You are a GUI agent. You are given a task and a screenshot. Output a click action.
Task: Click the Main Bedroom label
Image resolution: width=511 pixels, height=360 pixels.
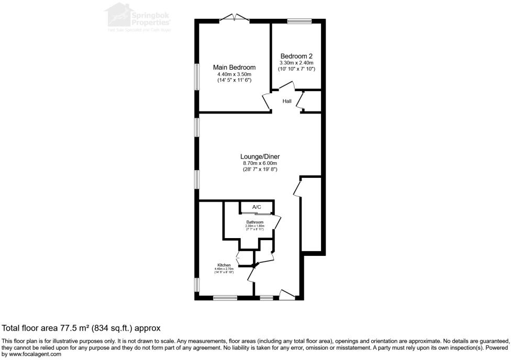tap(234, 67)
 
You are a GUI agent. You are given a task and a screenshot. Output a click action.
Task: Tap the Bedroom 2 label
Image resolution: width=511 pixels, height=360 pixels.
tap(296, 56)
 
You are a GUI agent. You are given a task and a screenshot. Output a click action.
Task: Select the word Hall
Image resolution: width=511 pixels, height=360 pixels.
tap(287, 101)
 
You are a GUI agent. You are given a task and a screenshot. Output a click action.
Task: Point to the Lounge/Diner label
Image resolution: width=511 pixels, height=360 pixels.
tap(260, 156)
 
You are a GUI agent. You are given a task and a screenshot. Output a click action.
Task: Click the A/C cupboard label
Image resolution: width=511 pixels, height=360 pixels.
tap(257, 207)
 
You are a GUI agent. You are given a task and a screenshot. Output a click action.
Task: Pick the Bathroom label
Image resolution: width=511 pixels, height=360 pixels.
tap(255, 222)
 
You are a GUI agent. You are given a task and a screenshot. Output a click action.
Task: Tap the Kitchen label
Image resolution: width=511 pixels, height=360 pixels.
tap(224, 265)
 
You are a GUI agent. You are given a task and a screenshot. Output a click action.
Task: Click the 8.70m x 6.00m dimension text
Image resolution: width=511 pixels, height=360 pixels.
tap(260, 163)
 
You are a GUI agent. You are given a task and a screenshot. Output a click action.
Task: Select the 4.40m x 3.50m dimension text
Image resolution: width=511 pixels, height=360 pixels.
tap(234, 74)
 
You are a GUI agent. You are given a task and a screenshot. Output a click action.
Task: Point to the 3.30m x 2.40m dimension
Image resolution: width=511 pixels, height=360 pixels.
tap(296, 63)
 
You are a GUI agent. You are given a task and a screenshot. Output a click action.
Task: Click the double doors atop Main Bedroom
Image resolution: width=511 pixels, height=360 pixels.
tap(234, 18)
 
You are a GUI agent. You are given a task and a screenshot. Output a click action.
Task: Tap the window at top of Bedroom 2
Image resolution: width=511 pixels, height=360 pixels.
tap(299, 21)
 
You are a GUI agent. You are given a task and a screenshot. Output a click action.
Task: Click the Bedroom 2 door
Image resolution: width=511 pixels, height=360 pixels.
tap(287, 87)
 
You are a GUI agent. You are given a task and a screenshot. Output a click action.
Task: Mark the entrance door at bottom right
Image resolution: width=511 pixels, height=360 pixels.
tap(287, 296)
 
